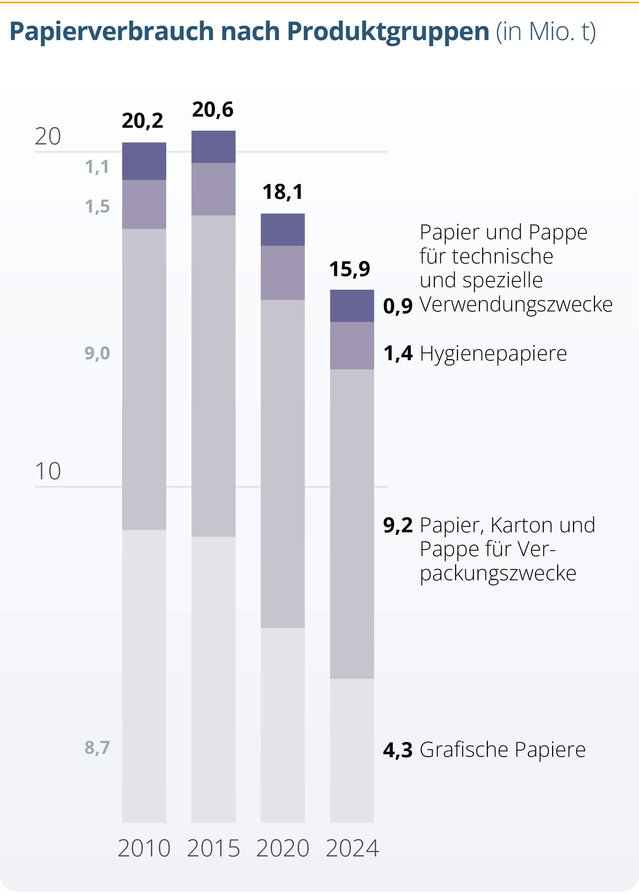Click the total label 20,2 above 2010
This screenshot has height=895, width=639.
142,121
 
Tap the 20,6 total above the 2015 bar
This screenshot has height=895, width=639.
212,109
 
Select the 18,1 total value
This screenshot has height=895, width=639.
282,192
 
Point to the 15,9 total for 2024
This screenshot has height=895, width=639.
349,269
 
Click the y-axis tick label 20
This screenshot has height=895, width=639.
48,136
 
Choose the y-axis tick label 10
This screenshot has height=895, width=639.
48,471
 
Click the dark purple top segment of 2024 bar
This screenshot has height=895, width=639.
352,306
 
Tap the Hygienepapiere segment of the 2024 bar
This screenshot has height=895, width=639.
352,345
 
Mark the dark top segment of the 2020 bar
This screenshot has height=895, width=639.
282,230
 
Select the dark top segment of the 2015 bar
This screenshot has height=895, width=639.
213,147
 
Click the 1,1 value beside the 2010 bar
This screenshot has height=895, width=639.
97,167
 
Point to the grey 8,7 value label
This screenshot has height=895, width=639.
97,747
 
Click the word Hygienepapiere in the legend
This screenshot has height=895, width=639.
493,353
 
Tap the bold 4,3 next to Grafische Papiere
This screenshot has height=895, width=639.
397,750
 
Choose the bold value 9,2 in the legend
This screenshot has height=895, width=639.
397,525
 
